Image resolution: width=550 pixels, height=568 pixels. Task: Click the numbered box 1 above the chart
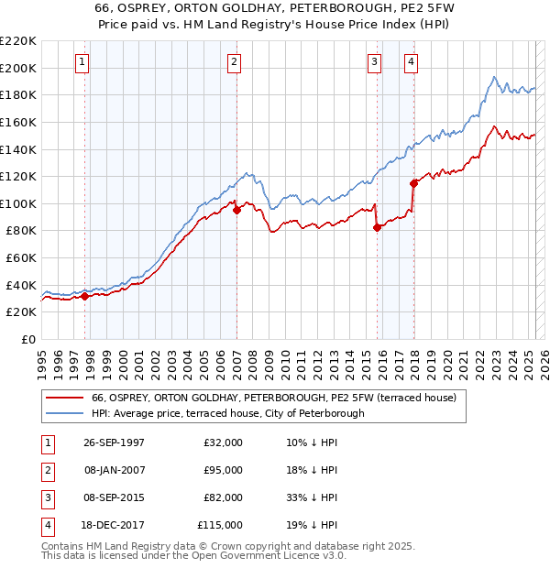82,62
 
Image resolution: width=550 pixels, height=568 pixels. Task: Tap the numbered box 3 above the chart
375,62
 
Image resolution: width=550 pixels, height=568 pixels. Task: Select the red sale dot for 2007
236,210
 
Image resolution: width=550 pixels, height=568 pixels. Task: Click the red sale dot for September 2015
377,228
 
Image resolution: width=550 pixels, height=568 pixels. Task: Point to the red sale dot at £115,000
413,183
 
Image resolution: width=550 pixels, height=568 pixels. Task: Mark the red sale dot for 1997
85,296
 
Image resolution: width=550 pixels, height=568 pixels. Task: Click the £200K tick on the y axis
19,68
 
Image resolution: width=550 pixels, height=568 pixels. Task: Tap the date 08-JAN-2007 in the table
114,470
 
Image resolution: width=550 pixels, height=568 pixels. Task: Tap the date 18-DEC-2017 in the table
114,525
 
